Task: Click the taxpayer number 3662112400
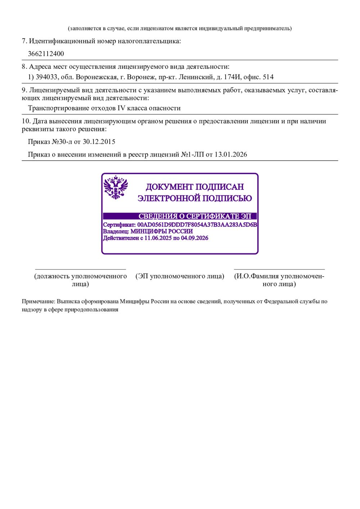pos(46,54)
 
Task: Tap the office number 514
pos(268,77)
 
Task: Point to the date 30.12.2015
pos(99,142)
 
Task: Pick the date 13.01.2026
pos(231,155)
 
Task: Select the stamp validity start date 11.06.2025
pos(158,238)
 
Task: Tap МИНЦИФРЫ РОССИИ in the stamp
pos(161,231)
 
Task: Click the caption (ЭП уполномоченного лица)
pos(180,276)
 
